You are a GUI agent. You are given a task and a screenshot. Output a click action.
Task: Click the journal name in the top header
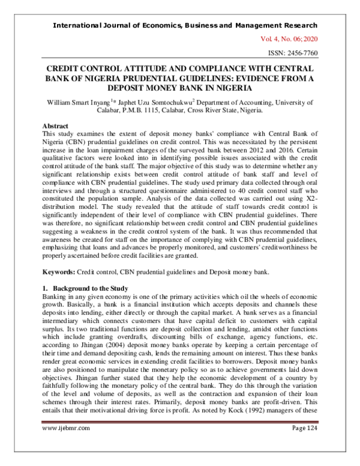(185, 25)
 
